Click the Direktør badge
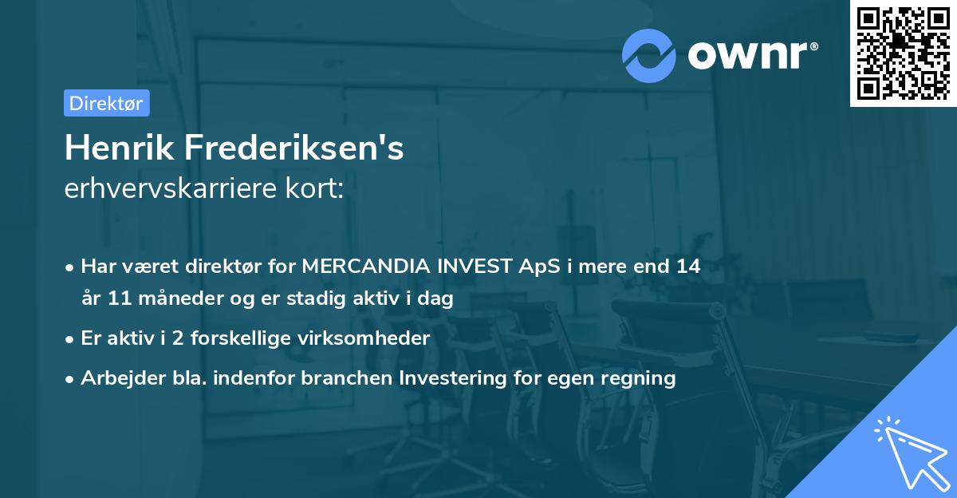[x=106, y=103]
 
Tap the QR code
[x=903, y=53]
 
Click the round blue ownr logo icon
[x=649, y=55]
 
